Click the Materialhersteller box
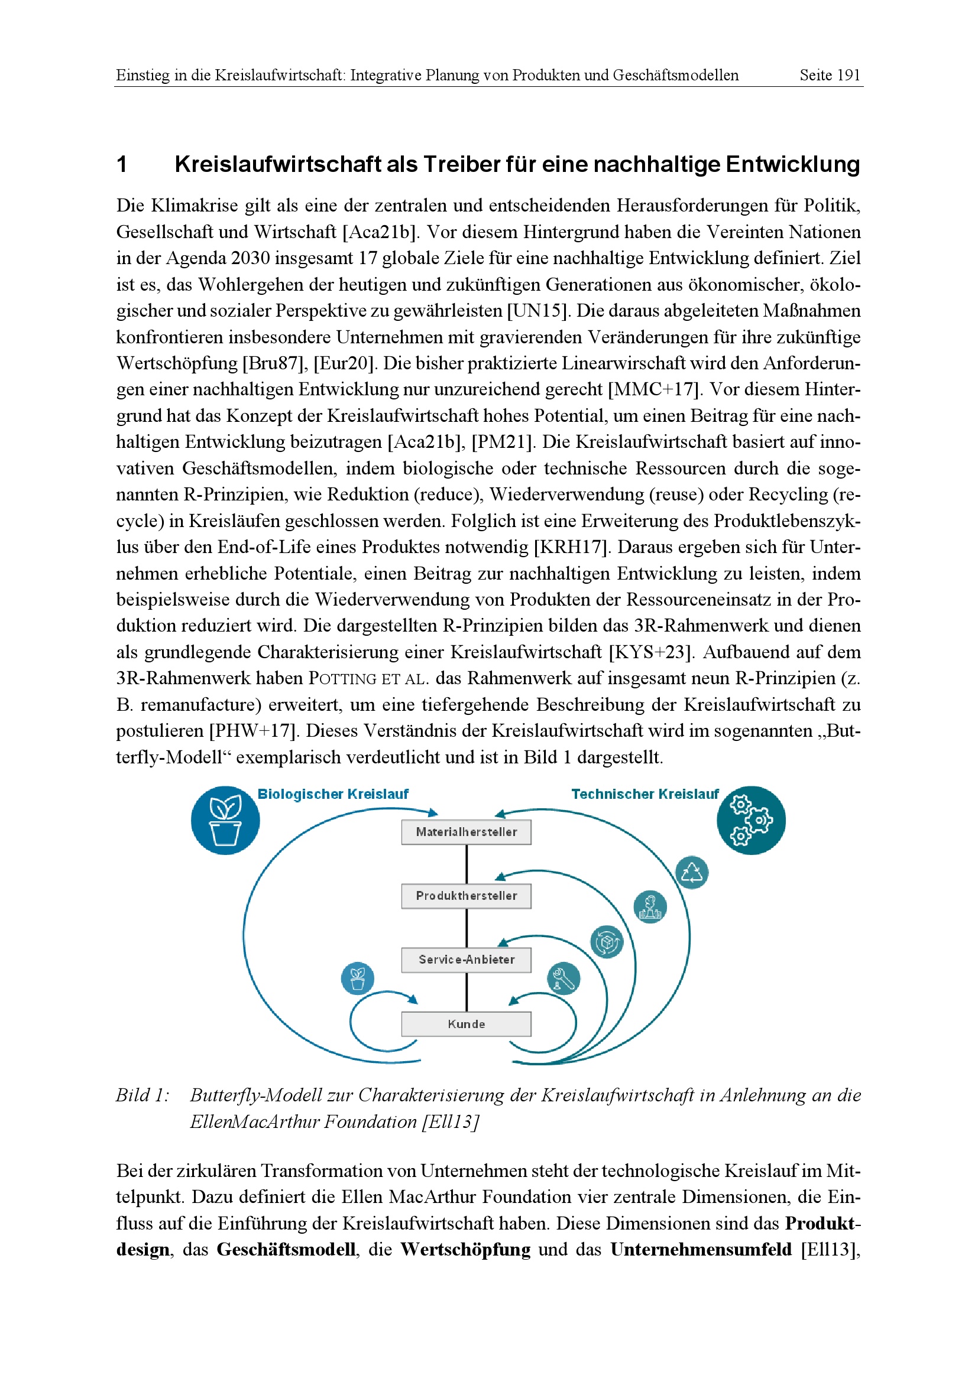pos(466,832)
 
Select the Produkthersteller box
pos(466,896)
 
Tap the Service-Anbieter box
pos(466,960)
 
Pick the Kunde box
pos(466,1024)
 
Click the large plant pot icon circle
pos(225,821)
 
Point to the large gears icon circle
pos(751,821)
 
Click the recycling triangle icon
pos(692,872)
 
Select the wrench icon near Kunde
pos(564,978)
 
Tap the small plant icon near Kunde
pos(357,978)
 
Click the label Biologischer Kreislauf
pos(333,794)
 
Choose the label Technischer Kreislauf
pos(645,794)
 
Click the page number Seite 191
pos(829,75)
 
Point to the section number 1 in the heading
pos(122,164)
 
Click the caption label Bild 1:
pos(142,1095)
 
